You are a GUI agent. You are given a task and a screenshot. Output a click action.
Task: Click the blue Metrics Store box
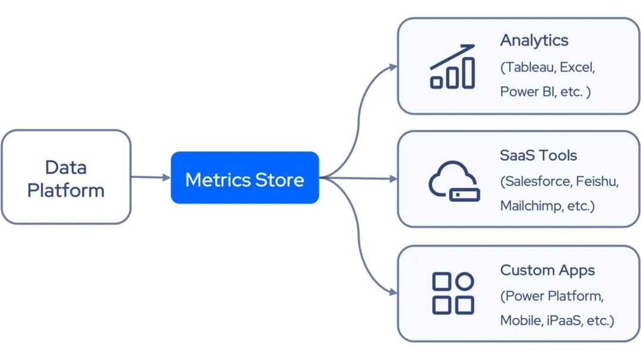pos(245,178)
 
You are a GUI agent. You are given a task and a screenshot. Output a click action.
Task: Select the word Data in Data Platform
pos(65,167)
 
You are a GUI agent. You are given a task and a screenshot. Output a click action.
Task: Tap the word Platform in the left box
pos(65,190)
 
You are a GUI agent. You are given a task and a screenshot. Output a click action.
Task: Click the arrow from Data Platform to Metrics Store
pos(150,177)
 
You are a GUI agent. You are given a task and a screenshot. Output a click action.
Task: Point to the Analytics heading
pos(534,40)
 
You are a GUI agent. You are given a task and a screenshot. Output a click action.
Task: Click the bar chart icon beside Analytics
pos(452,66)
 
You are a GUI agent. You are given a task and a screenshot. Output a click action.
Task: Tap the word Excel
pos(576,67)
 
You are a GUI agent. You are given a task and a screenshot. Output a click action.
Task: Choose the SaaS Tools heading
pos(538,155)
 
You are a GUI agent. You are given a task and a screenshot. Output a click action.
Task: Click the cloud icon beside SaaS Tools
pos(452,180)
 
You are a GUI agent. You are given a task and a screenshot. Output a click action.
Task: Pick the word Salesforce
pos(538,181)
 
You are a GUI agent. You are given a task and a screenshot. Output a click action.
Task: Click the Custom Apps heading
pos(547,270)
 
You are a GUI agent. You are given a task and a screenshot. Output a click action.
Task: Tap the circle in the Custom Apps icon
pos(465,281)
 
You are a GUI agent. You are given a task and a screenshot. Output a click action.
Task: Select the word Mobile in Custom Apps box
pos(519,320)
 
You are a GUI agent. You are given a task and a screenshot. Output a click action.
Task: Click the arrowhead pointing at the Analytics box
pos(393,66)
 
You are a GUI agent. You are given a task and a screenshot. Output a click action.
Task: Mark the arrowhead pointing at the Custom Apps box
pos(393,292)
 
